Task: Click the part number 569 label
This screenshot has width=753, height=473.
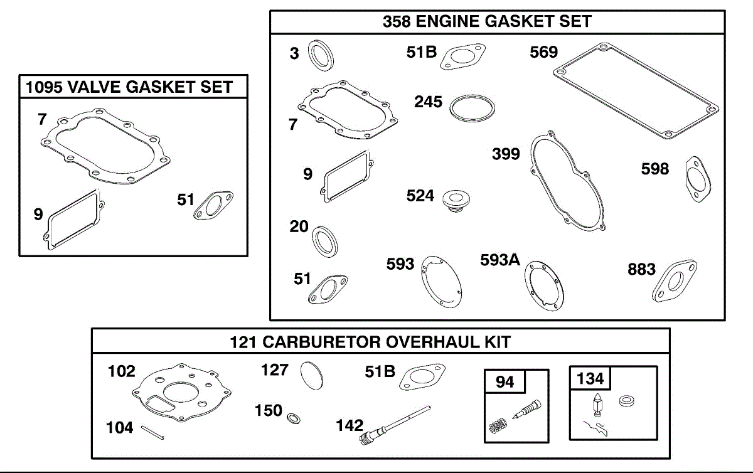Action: click(543, 52)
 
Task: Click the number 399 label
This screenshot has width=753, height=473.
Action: click(506, 154)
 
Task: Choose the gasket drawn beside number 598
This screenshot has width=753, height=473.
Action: click(695, 179)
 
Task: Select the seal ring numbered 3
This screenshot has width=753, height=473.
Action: click(321, 54)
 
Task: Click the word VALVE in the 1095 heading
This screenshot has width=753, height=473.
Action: click(95, 87)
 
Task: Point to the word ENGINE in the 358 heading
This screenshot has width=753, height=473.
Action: click(453, 21)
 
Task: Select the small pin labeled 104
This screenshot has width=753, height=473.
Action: click(152, 433)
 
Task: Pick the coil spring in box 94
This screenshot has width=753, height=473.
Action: click(497, 428)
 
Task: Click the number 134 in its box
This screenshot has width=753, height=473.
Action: click(590, 378)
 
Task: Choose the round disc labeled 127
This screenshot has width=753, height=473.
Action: click(312, 375)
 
